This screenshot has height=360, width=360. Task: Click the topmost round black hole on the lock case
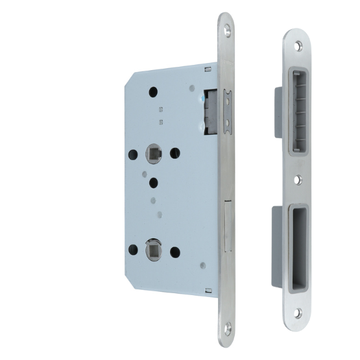click(153, 91)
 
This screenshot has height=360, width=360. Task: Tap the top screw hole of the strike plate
click(298, 46)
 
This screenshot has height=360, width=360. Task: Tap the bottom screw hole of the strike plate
click(298, 313)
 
